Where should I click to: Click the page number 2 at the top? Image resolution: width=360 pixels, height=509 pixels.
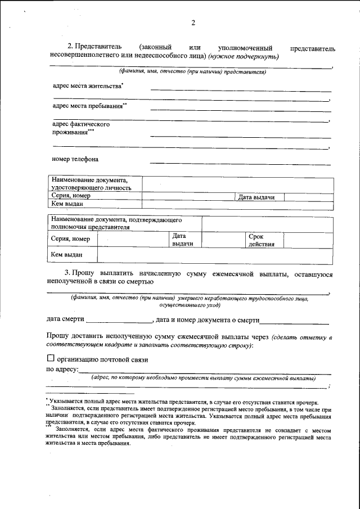(x=192, y=23)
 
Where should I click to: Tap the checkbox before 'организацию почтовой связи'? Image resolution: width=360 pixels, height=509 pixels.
(x=51, y=358)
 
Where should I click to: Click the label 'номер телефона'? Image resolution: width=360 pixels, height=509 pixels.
(x=75, y=159)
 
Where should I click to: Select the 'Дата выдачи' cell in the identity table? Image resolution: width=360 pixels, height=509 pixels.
(x=256, y=197)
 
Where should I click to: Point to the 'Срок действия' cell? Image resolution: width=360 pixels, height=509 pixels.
(x=261, y=240)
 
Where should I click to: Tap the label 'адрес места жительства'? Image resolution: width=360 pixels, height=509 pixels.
(x=88, y=86)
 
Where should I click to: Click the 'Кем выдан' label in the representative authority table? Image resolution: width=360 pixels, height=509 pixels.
(x=63, y=255)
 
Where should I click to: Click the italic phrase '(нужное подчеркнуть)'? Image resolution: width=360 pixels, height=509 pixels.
(x=242, y=56)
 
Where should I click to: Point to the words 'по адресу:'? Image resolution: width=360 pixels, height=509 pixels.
(x=62, y=370)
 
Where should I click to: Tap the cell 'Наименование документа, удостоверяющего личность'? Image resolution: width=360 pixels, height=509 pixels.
(x=91, y=184)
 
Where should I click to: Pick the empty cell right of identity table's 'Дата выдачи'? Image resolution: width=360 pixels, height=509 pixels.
(x=308, y=197)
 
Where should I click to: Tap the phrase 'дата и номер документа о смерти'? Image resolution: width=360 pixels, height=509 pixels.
(x=207, y=319)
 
